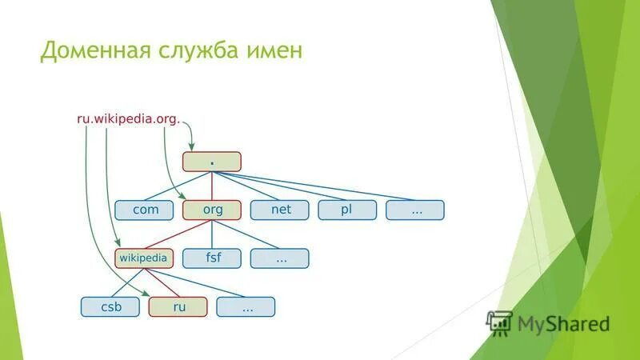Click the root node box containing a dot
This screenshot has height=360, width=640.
211,162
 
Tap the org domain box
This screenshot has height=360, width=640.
211,210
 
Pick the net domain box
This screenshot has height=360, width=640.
280,210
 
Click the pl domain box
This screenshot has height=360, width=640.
347,210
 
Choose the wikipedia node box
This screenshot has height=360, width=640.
144,258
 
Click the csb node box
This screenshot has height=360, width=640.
110,306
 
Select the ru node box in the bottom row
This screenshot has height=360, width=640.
178,306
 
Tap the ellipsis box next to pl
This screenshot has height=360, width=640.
415,210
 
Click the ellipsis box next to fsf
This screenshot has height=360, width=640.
280,258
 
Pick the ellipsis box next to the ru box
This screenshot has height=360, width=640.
246,306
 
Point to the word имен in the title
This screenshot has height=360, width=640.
278,52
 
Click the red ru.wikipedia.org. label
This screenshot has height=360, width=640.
128,118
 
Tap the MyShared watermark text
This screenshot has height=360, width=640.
563,324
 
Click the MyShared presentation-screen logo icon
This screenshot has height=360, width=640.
500,322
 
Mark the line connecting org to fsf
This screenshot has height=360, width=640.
211,234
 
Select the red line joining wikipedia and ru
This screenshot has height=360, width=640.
162,282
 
